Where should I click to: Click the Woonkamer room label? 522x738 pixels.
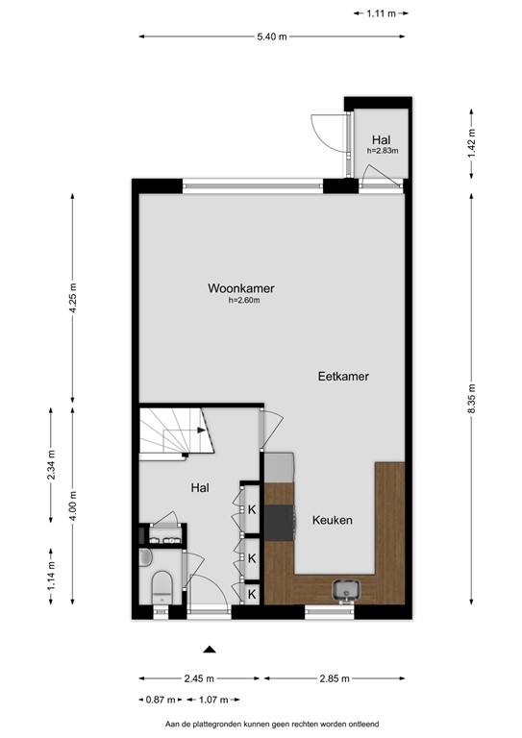pyautogui.click(x=241, y=287)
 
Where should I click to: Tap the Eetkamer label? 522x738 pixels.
pyautogui.click(x=343, y=377)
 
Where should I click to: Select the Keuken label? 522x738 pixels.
pyautogui.click(x=332, y=520)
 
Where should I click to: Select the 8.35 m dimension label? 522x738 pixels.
pyautogui.click(x=470, y=396)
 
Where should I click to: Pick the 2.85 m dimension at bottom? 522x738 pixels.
pyautogui.click(x=334, y=677)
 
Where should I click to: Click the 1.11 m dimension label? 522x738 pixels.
pyautogui.click(x=382, y=13)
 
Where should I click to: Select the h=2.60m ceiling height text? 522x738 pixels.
pyautogui.click(x=244, y=301)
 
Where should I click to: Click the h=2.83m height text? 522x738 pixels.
pyautogui.click(x=382, y=151)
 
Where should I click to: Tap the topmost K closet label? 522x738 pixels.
pyautogui.click(x=252, y=509)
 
